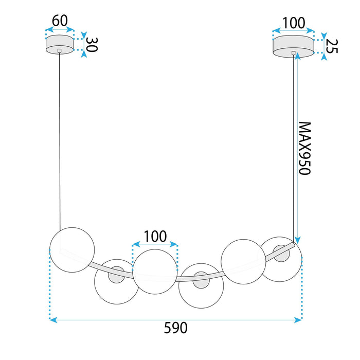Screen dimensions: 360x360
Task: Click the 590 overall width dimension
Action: click(x=176, y=328)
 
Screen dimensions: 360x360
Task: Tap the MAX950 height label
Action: click(x=305, y=149)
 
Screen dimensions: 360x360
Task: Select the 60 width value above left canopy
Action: click(x=60, y=21)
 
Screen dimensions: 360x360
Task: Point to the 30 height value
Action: click(x=91, y=45)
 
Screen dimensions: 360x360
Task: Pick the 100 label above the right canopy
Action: click(x=294, y=23)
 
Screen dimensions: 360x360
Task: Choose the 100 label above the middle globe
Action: click(x=155, y=236)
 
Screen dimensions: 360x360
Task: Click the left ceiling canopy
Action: click(x=60, y=45)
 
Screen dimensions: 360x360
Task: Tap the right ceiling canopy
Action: click(x=294, y=45)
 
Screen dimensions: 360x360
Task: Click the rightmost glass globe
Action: click(x=281, y=259)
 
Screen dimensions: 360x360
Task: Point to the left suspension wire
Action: click(x=60, y=139)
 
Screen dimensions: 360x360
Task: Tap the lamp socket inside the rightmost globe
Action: click(x=281, y=254)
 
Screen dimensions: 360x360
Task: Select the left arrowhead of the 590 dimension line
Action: click(x=52, y=319)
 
